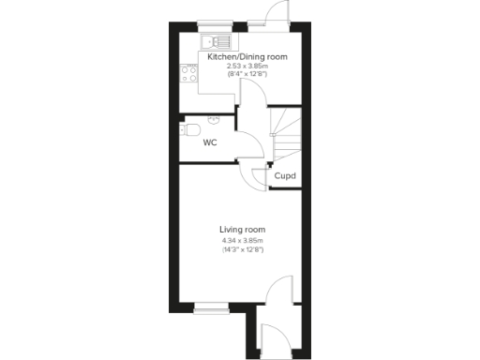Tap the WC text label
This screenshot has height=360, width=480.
(211, 143)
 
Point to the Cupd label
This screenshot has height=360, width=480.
(284, 175)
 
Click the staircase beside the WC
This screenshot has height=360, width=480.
(284, 132)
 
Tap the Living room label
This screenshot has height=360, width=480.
(243, 230)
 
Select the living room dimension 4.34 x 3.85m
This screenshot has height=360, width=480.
(243, 241)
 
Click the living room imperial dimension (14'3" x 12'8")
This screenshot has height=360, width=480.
(243, 250)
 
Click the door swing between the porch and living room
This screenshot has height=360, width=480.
(278, 292)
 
